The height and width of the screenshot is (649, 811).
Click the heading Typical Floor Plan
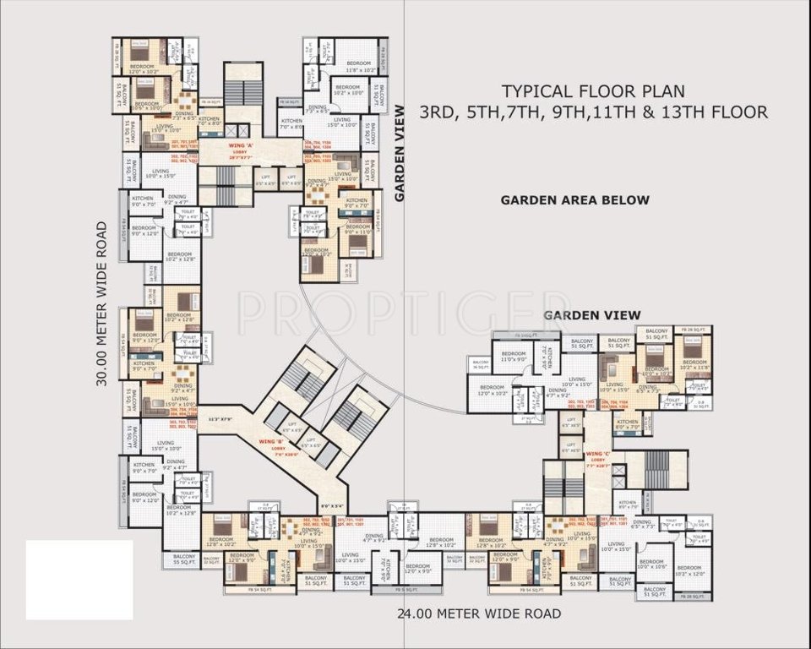coord(593,90)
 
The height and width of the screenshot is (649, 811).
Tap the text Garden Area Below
coord(574,200)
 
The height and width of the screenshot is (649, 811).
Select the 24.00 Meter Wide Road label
coord(479,614)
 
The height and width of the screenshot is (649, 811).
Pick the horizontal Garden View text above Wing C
coord(591,314)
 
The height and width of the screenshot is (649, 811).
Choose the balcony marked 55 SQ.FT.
coord(185,559)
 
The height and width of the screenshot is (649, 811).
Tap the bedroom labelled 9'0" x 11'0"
coord(358,229)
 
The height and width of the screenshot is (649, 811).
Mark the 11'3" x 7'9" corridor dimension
coord(220,419)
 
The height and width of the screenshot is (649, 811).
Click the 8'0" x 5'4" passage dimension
coord(330,506)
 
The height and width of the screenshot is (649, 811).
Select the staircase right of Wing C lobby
coord(656,470)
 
